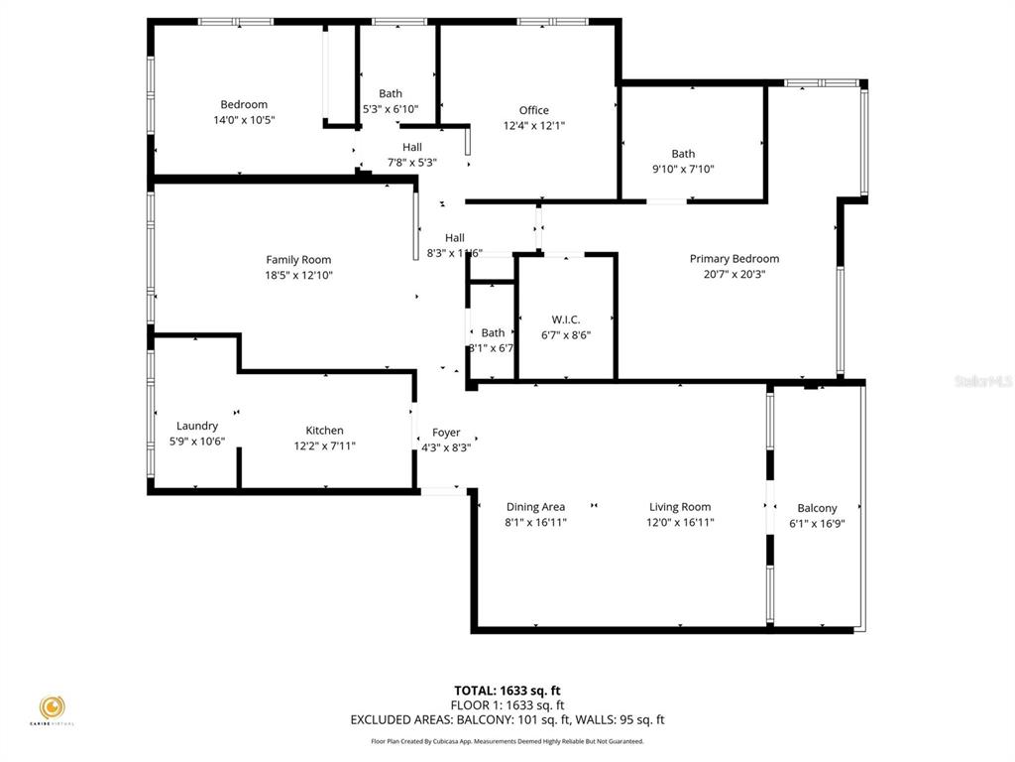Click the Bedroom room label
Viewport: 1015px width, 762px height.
pyautogui.click(x=244, y=104)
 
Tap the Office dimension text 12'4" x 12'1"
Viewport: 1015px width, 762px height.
pyautogui.click(x=534, y=126)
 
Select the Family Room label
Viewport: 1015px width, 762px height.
pyautogui.click(x=298, y=260)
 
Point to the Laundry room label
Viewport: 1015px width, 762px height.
pyautogui.click(x=197, y=426)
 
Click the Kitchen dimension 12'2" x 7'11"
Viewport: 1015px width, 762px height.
pyautogui.click(x=324, y=445)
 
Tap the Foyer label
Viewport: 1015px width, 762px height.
pyautogui.click(x=446, y=433)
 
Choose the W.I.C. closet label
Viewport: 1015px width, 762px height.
pyautogui.click(x=566, y=319)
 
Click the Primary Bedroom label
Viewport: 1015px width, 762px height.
pyautogui.click(x=734, y=259)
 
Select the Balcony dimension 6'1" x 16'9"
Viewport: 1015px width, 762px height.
pyautogui.click(x=817, y=524)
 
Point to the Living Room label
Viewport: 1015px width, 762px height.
pyautogui.click(x=680, y=507)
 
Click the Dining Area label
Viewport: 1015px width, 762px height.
pyautogui.click(x=535, y=507)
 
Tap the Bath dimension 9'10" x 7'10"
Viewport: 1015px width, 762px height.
pyautogui.click(x=683, y=169)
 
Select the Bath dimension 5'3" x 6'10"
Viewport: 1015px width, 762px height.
pyautogui.click(x=391, y=109)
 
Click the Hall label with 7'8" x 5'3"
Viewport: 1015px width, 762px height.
pyautogui.click(x=412, y=147)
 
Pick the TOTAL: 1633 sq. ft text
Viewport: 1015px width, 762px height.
pyautogui.click(x=507, y=691)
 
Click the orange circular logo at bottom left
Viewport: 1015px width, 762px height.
pyautogui.click(x=53, y=707)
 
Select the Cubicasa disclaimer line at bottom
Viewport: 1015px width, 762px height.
pyautogui.click(x=507, y=741)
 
